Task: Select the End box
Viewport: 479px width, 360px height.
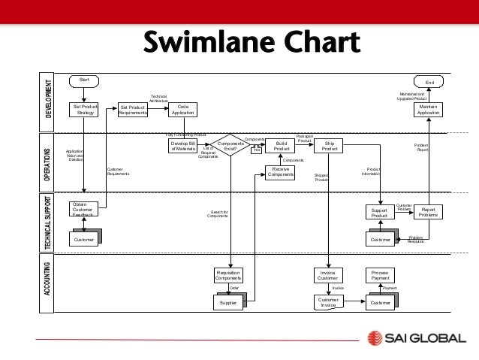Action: click(x=429, y=83)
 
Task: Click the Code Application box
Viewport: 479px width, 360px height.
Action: click(x=181, y=110)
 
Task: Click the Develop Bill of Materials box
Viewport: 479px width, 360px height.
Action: click(x=182, y=145)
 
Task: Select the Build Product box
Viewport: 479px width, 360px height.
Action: click(x=282, y=145)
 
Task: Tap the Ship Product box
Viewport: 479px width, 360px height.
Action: click(x=329, y=145)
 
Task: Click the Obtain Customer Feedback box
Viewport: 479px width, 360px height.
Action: click(x=86, y=209)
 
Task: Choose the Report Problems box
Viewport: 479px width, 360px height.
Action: click(x=428, y=212)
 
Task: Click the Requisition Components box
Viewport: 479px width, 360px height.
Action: click(x=228, y=275)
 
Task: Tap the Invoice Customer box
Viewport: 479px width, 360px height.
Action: click(x=327, y=275)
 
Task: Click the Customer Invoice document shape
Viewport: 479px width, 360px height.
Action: click(x=328, y=302)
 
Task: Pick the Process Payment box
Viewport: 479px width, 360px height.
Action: click(x=378, y=275)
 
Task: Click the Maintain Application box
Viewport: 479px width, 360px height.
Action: click(x=428, y=110)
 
